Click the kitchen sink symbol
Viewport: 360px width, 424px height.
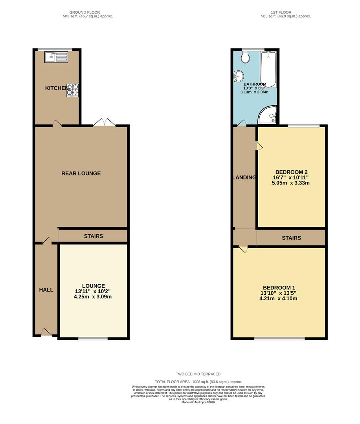57,58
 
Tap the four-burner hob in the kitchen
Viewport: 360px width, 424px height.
72,90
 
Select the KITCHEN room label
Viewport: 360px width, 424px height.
57,88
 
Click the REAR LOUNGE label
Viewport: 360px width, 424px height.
81,173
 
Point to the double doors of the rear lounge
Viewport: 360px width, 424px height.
104,122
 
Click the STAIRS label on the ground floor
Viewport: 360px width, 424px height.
94,236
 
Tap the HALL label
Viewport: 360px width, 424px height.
46,290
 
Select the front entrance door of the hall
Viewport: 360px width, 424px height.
47,333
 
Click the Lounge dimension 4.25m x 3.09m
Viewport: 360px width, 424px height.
93,297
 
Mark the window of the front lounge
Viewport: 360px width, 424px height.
93,338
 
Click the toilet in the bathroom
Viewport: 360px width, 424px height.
246,57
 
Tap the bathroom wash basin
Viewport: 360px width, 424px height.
238,75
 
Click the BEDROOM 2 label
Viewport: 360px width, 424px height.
291,172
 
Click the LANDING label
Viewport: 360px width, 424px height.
244,177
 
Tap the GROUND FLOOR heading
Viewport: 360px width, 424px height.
85,12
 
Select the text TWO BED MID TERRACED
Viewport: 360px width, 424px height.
198,374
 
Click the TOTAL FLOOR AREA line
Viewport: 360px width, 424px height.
198,382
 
